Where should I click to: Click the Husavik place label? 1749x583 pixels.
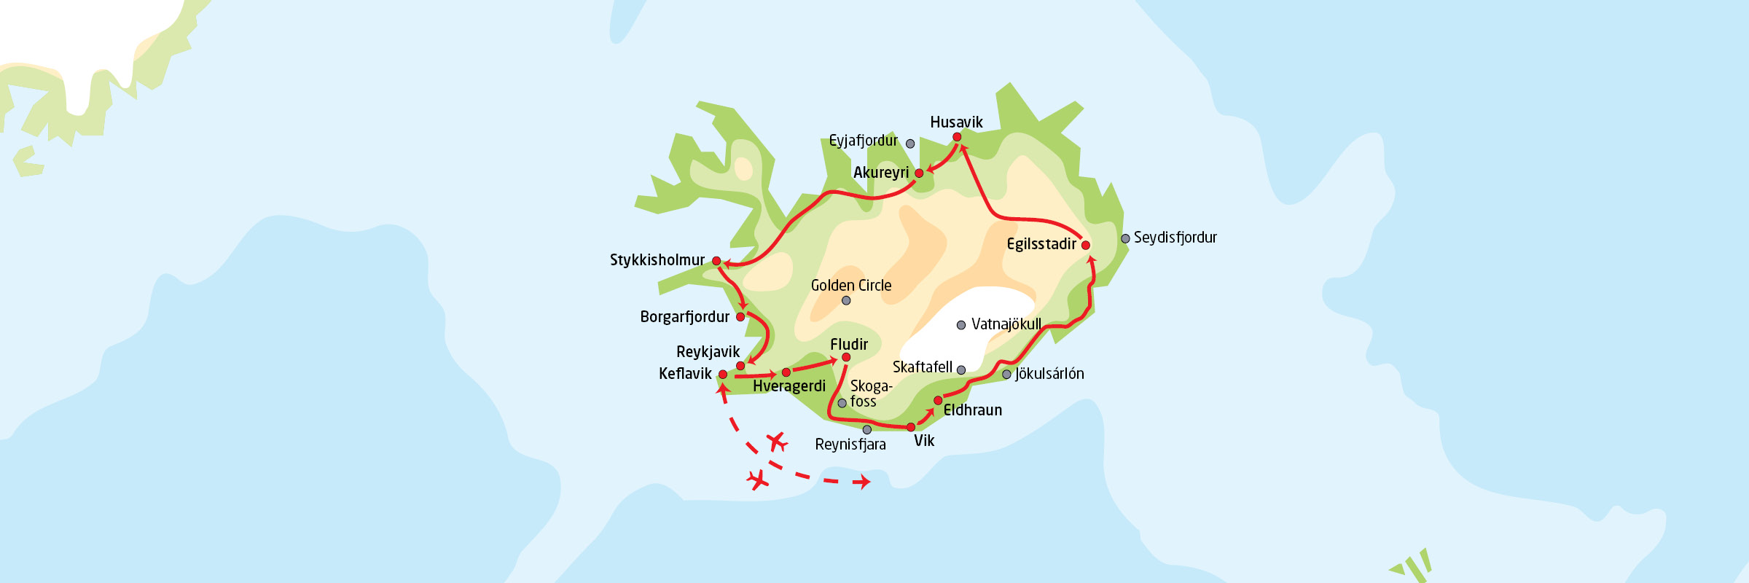click(x=956, y=122)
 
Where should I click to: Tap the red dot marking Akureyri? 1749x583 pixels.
click(x=919, y=173)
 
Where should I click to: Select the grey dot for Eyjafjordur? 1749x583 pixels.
click(x=910, y=144)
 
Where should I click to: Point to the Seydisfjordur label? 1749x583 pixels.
click(x=1175, y=238)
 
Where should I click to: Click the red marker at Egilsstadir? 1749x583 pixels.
click(x=1086, y=246)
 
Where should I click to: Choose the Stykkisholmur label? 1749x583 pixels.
click(x=657, y=260)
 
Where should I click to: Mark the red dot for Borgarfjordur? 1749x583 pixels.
click(x=740, y=317)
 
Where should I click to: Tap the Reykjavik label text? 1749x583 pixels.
click(x=708, y=352)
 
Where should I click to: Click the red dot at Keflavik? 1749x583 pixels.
click(x=723, y=375)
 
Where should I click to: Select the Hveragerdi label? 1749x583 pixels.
click(x=789, y=386)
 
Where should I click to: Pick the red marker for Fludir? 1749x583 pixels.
click(x=846, y=357)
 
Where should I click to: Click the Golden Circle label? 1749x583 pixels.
click(x=851, y=286)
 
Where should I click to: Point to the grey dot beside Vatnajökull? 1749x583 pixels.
click(x=961, y=325)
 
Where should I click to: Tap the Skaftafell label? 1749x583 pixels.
click(x=922, y=367)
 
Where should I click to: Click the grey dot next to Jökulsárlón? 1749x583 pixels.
click(x=1006, y=375)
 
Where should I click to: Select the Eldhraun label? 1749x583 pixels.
click(x=973, y=410)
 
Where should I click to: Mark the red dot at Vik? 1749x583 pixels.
click(x=911, y=427)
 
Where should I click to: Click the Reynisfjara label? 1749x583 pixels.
click(x=850, y=445)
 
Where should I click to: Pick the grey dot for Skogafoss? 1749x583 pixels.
click(x=842, y=403)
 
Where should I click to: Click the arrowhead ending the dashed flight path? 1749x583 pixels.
click(x=865, y=482)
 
